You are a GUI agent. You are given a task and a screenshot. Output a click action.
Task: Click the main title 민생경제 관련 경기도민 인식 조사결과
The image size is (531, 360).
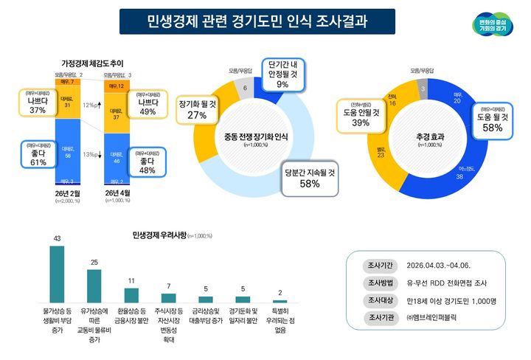tap(257, 21)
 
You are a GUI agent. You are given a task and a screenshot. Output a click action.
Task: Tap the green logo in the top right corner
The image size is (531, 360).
tap(492, 23)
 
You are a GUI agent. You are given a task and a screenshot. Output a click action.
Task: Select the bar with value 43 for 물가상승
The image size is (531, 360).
tap(57, 273)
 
